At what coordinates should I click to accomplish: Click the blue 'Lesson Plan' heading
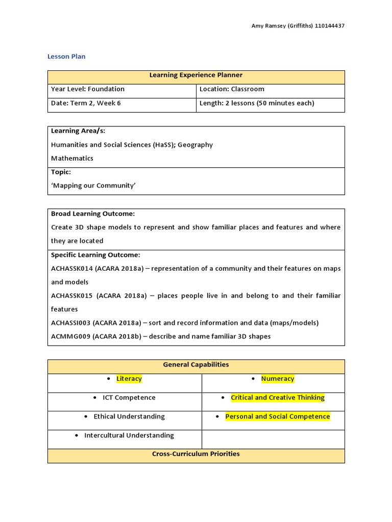(66, 57)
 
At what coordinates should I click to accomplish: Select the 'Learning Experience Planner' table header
(195, 75)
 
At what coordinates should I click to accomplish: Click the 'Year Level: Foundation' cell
(88, 89)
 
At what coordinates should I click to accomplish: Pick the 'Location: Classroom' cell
(232, 89)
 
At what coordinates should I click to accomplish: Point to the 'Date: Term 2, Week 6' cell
(86, 103)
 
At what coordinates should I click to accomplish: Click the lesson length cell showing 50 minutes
(257, 103)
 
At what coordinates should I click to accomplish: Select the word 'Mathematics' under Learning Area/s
(72, 159)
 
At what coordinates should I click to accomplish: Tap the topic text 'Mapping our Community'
(93, 186)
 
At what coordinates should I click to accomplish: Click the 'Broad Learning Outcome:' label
(93, 214)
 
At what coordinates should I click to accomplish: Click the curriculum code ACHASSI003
(71, 323)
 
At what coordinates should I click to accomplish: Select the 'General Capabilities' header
(195, 365)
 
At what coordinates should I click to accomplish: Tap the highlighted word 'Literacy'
(129, 379)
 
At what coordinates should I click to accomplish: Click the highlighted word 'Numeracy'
(278, 379)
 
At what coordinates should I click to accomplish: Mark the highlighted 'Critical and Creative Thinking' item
(278, 398)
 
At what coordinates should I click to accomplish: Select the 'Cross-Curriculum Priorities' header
(195, 454)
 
